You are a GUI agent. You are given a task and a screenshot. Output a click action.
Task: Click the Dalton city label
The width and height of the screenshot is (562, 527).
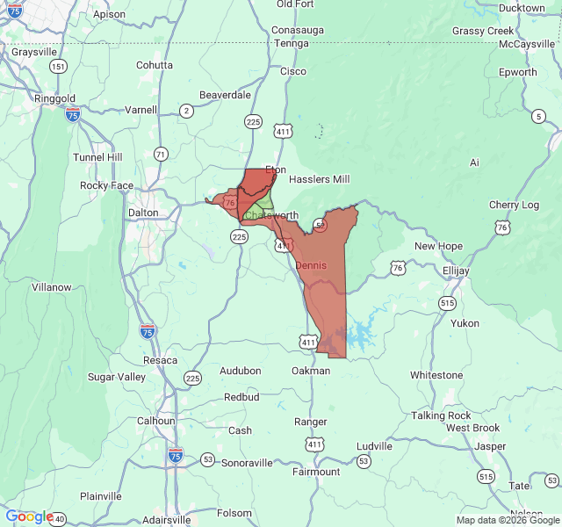(143, 213)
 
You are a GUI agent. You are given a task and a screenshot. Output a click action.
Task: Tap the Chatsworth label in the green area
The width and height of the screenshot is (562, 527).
(271, 215)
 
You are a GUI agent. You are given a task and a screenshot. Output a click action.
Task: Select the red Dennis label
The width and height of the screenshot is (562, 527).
(311, 265)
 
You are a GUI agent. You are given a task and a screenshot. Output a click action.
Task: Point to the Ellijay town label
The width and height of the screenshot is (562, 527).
(456, 271)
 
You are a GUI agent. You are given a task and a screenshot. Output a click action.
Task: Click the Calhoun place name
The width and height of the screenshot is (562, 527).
(155, 421)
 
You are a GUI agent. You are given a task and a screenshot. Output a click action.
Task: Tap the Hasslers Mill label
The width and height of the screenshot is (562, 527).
(319, 179)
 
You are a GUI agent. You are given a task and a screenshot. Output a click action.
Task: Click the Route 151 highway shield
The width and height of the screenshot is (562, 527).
(58, 67)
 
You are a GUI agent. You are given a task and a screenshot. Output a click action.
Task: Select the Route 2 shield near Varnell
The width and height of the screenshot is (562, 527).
(186, 111)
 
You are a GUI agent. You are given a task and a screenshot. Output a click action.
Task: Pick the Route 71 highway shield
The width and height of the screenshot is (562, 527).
(160, 154)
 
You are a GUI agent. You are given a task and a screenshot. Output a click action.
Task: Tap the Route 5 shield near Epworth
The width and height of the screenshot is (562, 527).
(537, 117)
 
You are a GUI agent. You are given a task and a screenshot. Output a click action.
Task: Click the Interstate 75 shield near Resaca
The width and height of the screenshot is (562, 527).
(148, 331)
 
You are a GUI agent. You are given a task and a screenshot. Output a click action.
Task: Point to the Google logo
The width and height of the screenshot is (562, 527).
(29, 517)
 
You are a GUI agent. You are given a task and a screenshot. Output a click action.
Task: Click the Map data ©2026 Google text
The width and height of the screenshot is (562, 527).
(508, 520)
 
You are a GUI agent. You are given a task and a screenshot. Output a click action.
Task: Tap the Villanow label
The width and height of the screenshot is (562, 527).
(51, 287)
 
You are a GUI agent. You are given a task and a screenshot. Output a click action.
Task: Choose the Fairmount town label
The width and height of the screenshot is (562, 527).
(315, 472)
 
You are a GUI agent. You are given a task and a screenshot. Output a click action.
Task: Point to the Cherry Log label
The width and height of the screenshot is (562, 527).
(514, 205)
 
